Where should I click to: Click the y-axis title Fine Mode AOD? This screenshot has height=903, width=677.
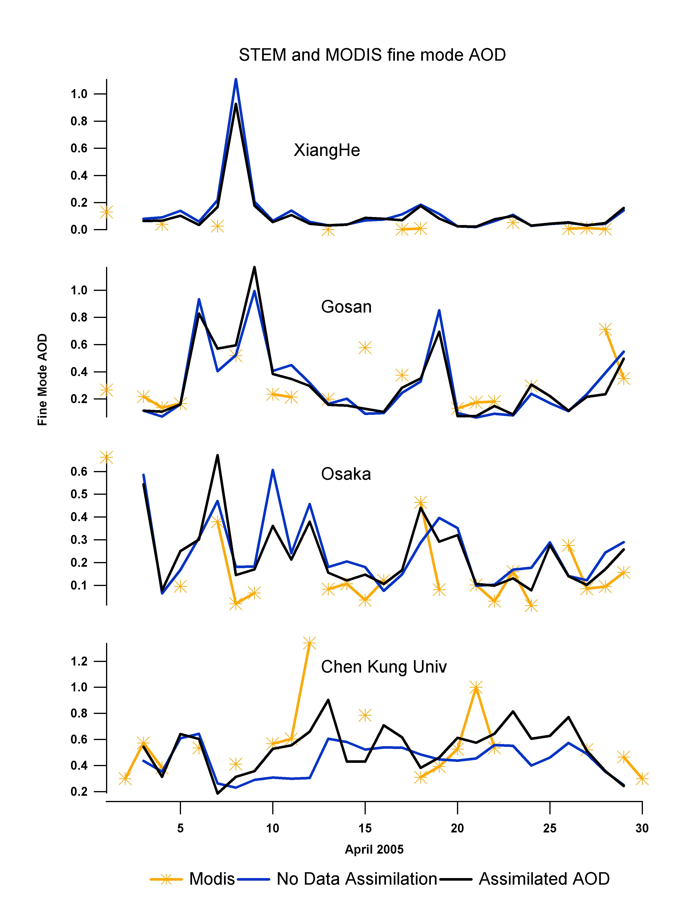[43, 380]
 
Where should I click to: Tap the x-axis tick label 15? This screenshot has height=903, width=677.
[365, 828]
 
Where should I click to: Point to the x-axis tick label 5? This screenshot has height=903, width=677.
[180, 828]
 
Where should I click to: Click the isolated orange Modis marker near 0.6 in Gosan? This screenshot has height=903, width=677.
[365, 348]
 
